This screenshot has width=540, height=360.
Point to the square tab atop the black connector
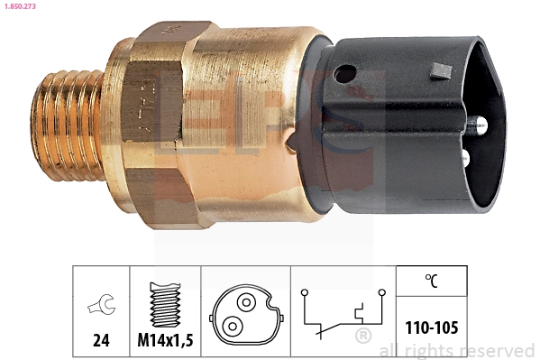pyautogui.click(x=441, y=69)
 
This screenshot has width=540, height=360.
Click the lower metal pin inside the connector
pyautogui.click(x=464, y=158)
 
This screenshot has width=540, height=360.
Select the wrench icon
pyautogui.click(x=101, y=307)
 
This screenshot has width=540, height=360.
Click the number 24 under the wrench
pyautogui.click(x=101, y=340)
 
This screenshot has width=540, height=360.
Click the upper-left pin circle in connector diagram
pyautogui.click(x=243, y=302)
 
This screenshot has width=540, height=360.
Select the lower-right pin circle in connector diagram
pyautogui.click(x=233, y=325)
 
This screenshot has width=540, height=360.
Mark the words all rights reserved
pyautogui.click(x=457, y=350)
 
